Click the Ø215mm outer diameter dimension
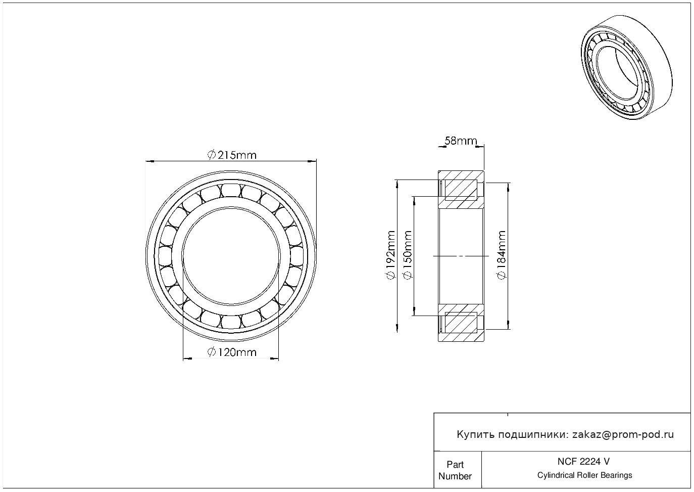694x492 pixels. click(x=232, y=155)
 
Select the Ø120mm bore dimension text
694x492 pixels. click(x=232, y=352)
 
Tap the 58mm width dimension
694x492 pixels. click(x=460, y=141)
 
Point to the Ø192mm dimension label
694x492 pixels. click(x=390, y=255)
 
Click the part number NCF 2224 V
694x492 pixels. click(x=583, y=461)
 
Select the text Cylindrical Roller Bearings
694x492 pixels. click(x=584, y=475)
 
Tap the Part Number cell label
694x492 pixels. click(x=455, y=470)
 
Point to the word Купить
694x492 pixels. click(x=475, y=434)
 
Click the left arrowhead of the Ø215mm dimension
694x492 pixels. click(x=149, y=161)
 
